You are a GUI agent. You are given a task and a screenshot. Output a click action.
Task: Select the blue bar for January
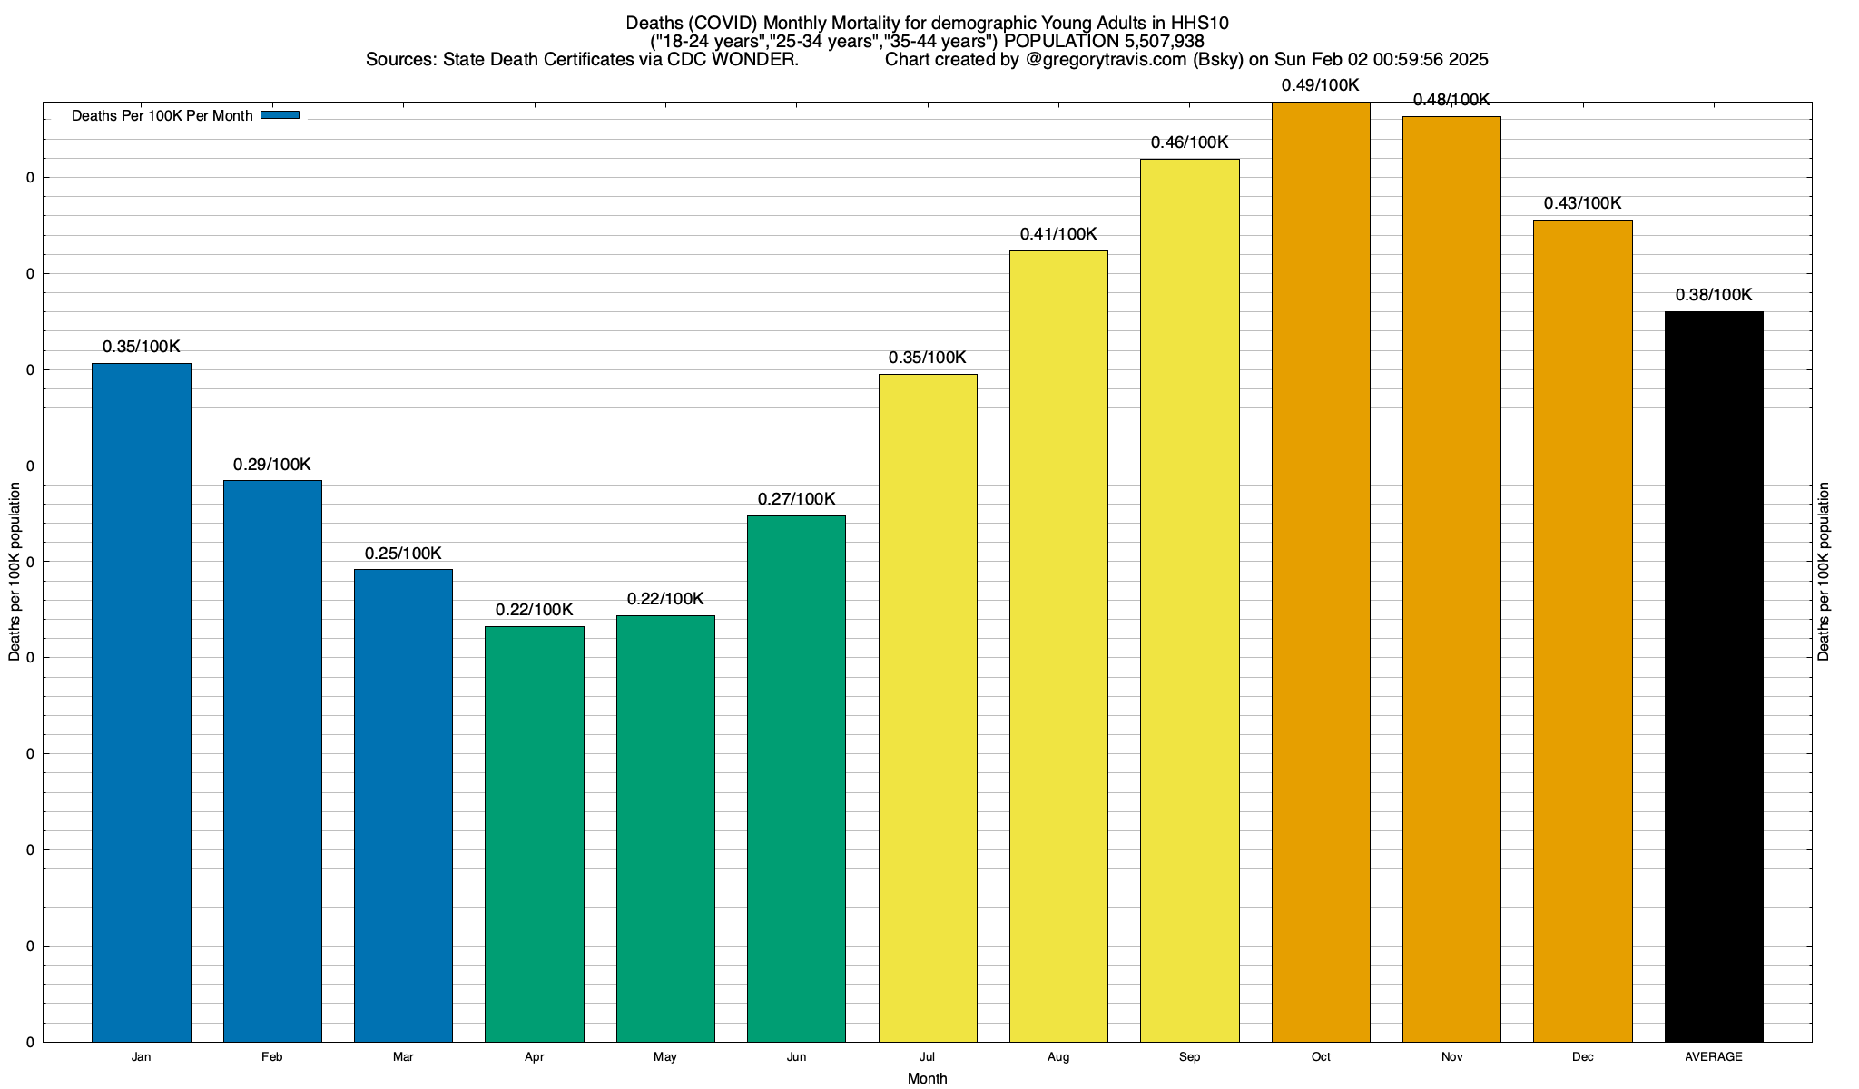point(141,702)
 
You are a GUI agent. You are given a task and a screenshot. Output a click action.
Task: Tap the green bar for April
point(535,834)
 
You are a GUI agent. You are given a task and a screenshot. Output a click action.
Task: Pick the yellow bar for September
point(1189,600)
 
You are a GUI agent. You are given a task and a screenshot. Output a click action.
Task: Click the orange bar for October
point(1321,572)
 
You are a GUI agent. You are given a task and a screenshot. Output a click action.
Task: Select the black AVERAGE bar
point(1714,676)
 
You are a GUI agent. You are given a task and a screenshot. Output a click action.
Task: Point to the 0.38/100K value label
point(1714,295)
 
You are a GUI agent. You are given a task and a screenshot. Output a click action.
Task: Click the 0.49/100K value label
point(1321,85)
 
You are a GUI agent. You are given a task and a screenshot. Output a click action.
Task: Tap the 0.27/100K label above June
point(796,499)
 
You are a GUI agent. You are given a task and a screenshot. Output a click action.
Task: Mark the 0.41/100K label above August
point(1058,234)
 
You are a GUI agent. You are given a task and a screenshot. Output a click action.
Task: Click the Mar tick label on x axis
point(403,1057)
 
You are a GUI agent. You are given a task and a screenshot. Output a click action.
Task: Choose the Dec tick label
point(1583,1057)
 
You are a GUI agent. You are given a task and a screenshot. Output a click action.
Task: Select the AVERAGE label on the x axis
point(1714,1057)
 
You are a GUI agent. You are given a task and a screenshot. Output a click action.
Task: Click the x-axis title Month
point(927,1079)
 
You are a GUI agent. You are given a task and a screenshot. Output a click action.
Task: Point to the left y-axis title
point(15,572)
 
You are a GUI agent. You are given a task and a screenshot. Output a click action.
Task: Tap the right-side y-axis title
point(1824,572)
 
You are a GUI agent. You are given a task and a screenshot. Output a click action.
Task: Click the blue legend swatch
point(280,115)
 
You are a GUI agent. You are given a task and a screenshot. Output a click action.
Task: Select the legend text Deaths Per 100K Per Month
point(162,116)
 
